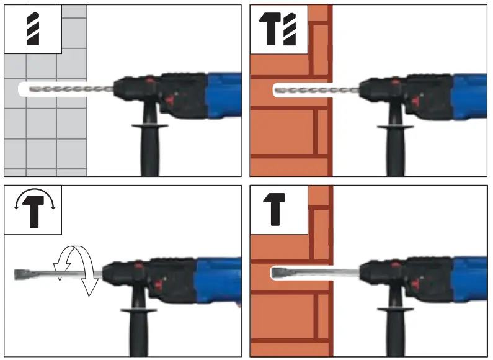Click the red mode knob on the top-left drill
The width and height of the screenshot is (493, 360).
coord(150,81)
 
